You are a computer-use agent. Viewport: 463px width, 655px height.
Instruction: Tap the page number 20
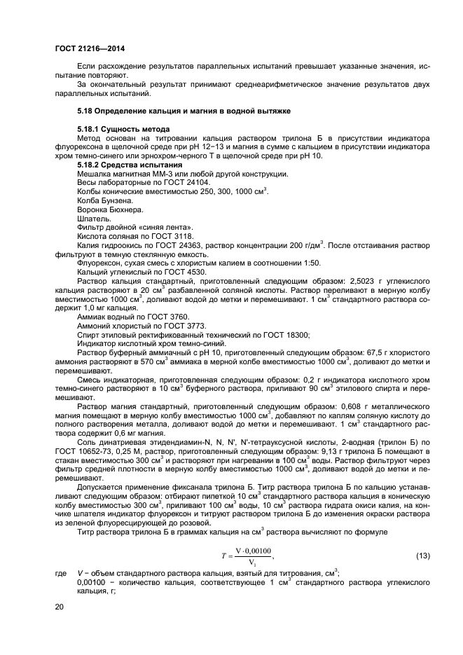[60, 607]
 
